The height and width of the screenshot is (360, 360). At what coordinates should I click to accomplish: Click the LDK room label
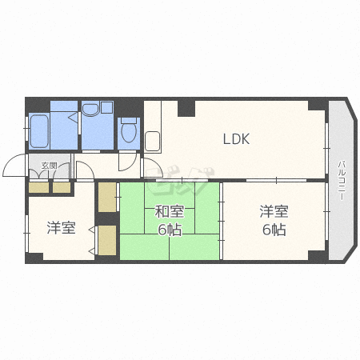(x=236, y=139)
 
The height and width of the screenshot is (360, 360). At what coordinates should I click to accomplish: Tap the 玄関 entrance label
(x=49, y=166)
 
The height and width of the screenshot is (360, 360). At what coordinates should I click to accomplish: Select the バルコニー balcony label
(x=342, y=181)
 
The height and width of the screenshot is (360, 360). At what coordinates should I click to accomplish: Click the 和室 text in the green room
(x=170, y=212)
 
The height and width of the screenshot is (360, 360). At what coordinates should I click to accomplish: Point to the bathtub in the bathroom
(x=39, y=131)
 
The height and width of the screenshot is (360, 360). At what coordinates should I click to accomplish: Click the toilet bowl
(x=129, y=130)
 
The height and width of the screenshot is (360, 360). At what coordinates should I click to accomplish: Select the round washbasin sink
(x=90, y=109)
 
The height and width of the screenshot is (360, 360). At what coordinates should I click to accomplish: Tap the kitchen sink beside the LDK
(x=152, y=141)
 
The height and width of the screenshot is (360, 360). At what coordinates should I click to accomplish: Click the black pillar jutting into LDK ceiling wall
(x=186, y=108)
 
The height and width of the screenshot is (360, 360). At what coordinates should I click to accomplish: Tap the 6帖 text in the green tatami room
(x=170, y=230)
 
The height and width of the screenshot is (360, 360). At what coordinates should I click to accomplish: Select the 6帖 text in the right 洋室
(x=274, y=230)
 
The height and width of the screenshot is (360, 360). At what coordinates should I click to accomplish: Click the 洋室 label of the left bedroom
(x=62, y=227)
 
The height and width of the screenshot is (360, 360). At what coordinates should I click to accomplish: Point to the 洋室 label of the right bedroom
(x=274, y=211)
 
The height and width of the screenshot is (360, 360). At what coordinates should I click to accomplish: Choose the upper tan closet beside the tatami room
(x=107, y=197)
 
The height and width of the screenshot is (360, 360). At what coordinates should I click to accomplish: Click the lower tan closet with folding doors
(x=107, y=240)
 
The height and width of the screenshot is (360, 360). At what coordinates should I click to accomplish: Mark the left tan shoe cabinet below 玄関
(x=38, y=188)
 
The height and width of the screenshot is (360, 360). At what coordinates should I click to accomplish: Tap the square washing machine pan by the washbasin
(x=106, y=107)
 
